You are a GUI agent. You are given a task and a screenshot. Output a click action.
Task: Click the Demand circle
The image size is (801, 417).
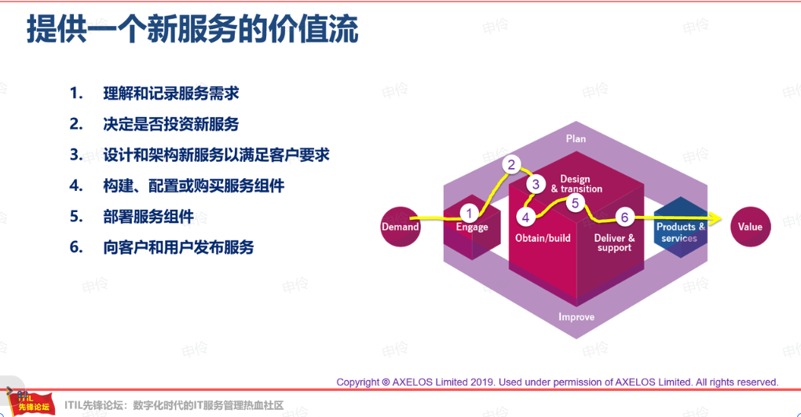pyautogui.click(x=400, y=227)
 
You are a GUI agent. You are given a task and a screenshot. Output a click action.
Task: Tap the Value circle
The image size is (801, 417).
pyautogui.click(x=750, y=227)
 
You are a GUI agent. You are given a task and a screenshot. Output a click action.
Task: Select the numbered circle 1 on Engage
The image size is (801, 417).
pyautogui.click(x=469, y=214)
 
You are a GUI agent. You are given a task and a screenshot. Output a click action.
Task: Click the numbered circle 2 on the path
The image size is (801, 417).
pyautogui.click(x=511, y=165)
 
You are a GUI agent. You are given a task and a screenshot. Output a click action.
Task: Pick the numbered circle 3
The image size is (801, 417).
pyautogui.click(x=536, y=184)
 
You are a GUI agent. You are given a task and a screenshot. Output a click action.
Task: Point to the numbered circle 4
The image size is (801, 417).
pyautogui.click(x=525, y=218)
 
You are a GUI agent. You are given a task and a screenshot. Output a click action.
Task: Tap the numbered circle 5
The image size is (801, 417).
pyautogui.click(x=575, y=203)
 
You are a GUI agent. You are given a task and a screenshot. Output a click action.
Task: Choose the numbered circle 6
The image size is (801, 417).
pyautogui.click(x=624, y=218)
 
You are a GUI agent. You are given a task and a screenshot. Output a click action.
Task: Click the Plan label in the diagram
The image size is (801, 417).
pyautogui.click(x=576, y=138)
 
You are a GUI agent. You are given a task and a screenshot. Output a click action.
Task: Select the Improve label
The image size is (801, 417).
pyautogui.click(x=576, y=316)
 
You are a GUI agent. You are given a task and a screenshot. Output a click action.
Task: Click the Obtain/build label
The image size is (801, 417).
pyautogui.click(x=543, y=238)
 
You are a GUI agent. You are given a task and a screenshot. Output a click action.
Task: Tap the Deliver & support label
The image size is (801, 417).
pyautogui.click(x=615, y=243)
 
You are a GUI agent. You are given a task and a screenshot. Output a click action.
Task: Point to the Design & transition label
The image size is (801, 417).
pyautogui.click(x=576, y=184)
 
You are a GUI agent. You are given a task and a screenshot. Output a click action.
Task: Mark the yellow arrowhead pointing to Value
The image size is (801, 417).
pyautogui.click(x=715, y=219)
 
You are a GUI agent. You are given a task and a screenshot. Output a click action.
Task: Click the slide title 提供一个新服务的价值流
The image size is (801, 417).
pyautogui.click(x=192, y=28)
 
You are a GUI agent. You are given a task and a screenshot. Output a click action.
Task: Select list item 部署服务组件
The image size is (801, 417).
pyautogui.click(x=148, y=216)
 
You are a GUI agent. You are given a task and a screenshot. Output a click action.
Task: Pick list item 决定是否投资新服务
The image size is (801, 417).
pyautogui.click(x=171, y=124)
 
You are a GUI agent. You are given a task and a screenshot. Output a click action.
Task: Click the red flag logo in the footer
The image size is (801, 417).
pyautogui.click(x=31, y=404)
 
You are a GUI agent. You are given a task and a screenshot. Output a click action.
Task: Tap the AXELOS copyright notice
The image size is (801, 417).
pyautogui.click(x=558, y=382)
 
